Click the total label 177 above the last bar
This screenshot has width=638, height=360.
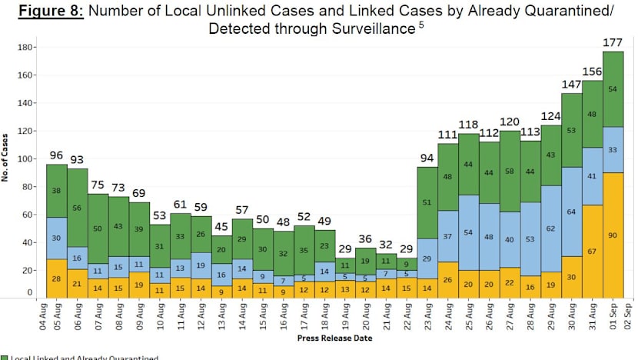pos(613,42)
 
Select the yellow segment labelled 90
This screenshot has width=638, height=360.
pos(613,235)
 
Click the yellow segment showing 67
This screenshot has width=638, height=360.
pos(592,251)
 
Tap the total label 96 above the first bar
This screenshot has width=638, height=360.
pos(55,155)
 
